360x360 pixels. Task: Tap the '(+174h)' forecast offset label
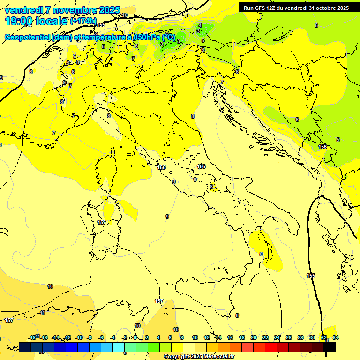83,21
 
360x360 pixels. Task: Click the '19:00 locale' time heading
36,21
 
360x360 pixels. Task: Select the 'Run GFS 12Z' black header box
296,7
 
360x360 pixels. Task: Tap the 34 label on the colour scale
336,337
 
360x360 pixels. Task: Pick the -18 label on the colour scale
32,337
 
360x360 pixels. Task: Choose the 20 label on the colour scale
254,337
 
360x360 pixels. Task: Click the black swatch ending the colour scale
330,347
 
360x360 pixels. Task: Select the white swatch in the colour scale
189,347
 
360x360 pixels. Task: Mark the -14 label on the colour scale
55,337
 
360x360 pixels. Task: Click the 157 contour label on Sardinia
102,222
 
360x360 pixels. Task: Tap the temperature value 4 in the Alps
200,25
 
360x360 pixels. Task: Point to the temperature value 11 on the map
42,313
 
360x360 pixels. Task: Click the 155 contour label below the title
101,25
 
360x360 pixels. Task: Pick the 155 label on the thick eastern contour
311,276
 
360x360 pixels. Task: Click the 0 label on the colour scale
135,337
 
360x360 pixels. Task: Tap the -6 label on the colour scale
101,337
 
